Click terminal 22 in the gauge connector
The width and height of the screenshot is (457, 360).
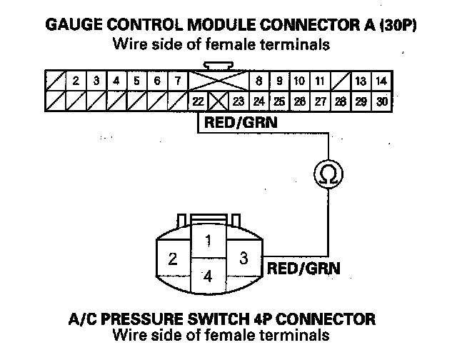198,101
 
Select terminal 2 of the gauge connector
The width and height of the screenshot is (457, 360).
76,81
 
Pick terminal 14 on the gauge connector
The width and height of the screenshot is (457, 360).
382,81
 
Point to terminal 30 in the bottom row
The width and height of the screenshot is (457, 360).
382,101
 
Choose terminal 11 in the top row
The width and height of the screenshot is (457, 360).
321,81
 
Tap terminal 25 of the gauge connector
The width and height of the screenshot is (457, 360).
279,101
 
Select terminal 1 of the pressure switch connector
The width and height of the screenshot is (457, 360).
208,241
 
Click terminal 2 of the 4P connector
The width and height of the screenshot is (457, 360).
172,259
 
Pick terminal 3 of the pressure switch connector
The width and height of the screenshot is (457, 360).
243,259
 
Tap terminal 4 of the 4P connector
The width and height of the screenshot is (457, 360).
208,276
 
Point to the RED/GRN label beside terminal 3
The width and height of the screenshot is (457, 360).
303,269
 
